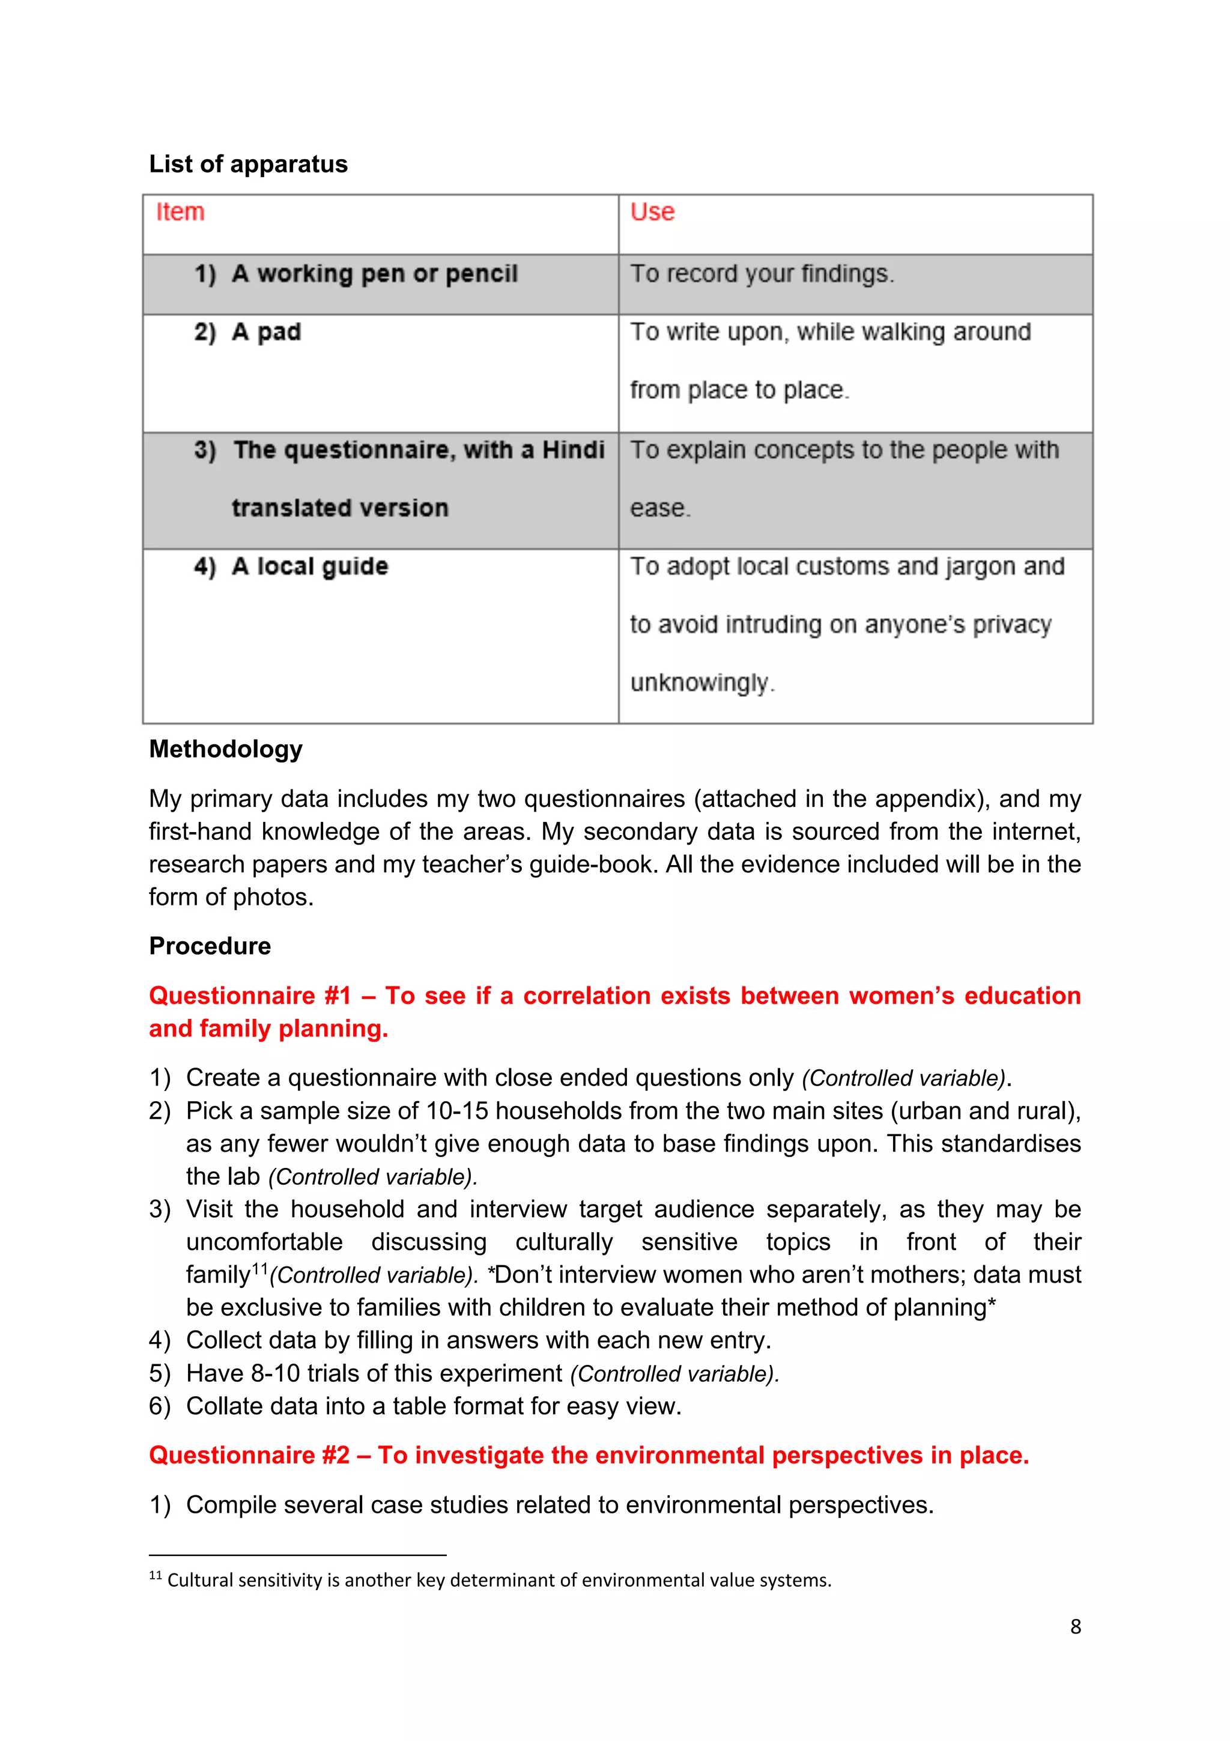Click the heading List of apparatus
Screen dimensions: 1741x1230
248,164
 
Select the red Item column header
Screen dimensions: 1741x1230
180,211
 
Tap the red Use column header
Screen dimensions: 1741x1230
652,211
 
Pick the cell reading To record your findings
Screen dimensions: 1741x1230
762,274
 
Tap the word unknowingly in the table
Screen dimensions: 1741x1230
700,682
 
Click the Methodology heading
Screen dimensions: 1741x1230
226,749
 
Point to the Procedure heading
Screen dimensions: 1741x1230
210,946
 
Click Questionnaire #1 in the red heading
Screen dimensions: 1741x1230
250,995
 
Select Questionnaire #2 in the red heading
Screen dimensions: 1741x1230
249,1455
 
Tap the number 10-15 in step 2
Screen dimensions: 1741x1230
457,1111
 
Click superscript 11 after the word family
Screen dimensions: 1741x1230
260,1268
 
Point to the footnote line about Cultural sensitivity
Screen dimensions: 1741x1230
498,1580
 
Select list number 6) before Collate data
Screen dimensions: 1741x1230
160,1406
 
